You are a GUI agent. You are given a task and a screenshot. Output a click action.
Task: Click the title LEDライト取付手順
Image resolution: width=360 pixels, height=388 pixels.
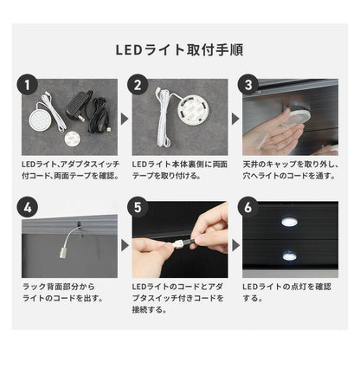pyautogui.click(x=179, y=49)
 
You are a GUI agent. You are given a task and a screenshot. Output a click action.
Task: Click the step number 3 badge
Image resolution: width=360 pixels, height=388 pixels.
pyautogui.click(x=251, y=85)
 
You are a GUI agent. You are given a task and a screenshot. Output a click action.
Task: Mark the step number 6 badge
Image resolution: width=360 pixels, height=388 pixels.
pyautogui.click(x=251, y=208)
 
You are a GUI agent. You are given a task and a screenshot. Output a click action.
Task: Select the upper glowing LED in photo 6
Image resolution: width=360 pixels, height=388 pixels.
pyautogui.click(x=289, y=223)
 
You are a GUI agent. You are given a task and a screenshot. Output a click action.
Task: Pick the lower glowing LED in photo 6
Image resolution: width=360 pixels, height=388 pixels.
pyautogui.click(x=289, y=256)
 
